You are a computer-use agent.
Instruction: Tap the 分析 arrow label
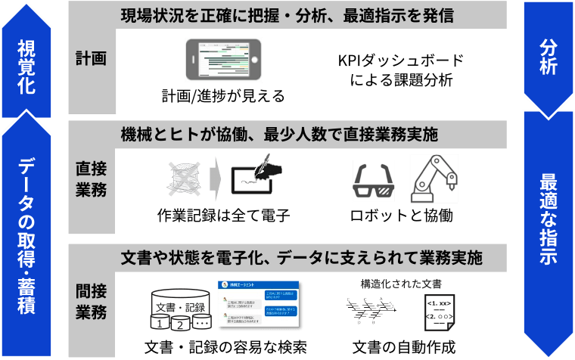[549, 57]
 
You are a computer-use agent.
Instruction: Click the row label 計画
[92, 59]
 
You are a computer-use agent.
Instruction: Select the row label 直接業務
[92, 178]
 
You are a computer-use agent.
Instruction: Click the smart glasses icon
[374, 182]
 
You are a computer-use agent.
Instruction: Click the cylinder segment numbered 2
[180, 324]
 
